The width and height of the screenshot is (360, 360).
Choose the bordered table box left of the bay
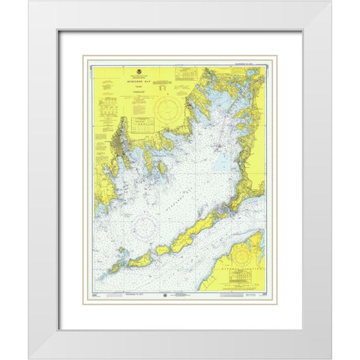(142, 124)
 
